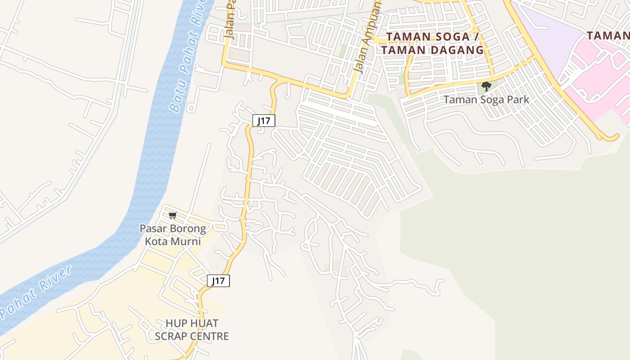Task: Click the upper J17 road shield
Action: [x=264, y=121]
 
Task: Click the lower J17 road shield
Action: [x=219, y=281]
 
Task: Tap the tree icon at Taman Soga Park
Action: [x=486, y=86]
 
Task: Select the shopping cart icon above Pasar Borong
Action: [x=173, y=215]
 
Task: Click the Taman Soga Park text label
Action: [x=486, y=99]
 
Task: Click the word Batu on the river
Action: [x=175, y=99]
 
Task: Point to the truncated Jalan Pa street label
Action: [x=229, y=22]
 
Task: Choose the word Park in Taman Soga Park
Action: [x=517, y=99]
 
